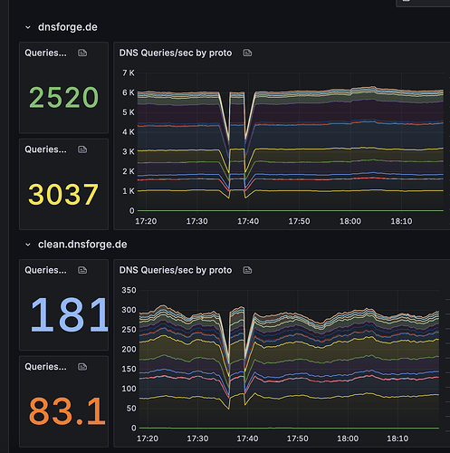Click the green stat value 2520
click(63, 97)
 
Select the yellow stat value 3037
click(63, 194)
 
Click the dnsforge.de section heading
click(67, 27)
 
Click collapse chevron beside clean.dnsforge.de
click(27, 245)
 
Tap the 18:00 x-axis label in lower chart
click(349, 438)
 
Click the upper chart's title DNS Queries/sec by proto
click(176, 53)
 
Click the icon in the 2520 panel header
click(83, 53)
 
